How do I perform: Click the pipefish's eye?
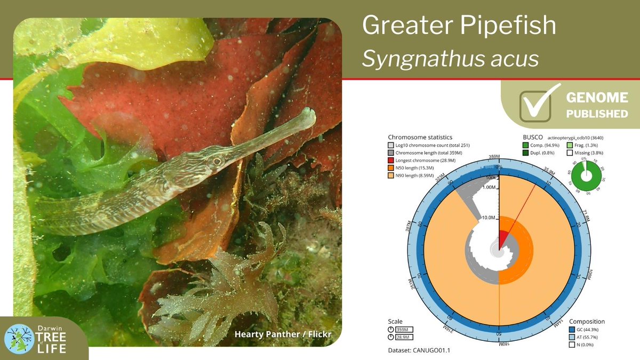[x=217, y=161]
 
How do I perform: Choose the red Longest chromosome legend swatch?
[x=391, y=161]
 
